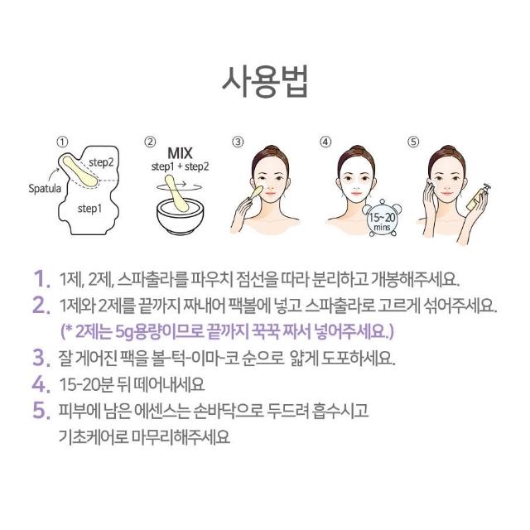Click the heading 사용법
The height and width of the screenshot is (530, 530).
(x=265, y=83)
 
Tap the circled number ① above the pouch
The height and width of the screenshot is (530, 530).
(x=63, y=142)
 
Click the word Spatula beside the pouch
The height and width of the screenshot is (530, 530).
(x=45, y=188)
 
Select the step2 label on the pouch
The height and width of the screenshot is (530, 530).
(x=101, y=162)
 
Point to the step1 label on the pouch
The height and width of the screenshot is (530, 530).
(x=89, y=209)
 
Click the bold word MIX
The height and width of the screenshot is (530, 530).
(x=180, y=153)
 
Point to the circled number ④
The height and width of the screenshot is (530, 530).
(x=325, y=142)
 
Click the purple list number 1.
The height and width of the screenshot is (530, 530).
(x=42, y=279)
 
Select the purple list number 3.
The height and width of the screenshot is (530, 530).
(x=41, y=358)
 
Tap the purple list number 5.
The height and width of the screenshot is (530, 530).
(x=41, y=410)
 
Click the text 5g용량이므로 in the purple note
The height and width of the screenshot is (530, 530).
(x=159, y=331)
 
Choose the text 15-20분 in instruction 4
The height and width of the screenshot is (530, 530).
(x=86, y=384)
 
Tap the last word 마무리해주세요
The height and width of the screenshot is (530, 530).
(x=181, y=437)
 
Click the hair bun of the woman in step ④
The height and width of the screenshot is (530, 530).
(x=357, y=149)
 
